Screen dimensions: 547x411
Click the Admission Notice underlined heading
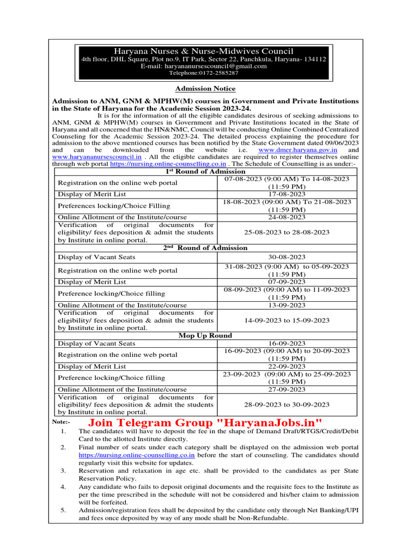tap(205, 89)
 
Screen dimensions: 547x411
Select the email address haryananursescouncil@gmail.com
tap(204, 66)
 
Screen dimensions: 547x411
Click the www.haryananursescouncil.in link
tap(97, 158)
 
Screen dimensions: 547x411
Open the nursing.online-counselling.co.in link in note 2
tap(136, 455)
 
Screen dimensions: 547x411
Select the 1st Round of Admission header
tap(205, 171)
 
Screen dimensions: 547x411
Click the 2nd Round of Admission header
tap(205, 248)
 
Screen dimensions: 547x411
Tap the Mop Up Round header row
tap(205, 335)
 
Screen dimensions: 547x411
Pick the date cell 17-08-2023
tap(286, 194)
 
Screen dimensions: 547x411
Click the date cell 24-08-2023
tap(286, 217)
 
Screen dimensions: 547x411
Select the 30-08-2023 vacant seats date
tap(286, 257)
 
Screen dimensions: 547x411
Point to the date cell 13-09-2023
tap(286, 305)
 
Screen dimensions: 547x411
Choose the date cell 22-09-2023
tap(286, 366)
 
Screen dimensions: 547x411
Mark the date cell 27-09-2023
tap(286, 389)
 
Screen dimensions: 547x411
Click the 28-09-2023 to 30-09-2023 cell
tap(286, 405)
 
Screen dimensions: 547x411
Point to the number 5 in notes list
tap(63, 511)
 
